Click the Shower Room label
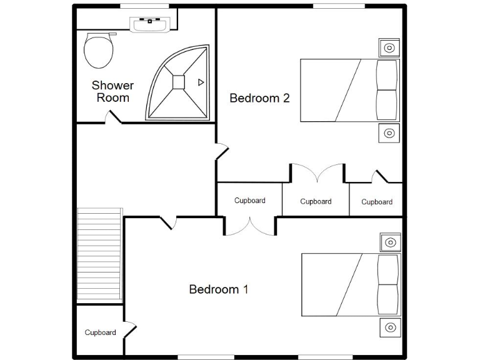click(x=113, y=91)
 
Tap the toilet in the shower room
click(x=98, y=50)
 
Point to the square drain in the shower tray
click(x=179, y=81)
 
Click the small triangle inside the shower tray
click(x=201, y=82)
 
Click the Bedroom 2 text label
click(x=259, y=98)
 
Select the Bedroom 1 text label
click(x=219, y=289)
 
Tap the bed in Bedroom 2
click(x=349, y=90)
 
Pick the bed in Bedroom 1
click(x=349, y=284)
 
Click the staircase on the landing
click(x=99, y=255)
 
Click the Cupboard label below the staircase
click(x=100, y=332)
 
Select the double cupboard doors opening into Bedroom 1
click(x=249, y=226)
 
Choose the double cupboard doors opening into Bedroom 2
click(x=317, y=172)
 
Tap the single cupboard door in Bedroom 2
click(x=379, y=177)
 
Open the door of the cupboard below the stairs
click(x=129, y=329)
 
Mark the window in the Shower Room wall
click(x=144, y=6)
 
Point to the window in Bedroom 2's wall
click(x=339, y=6)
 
